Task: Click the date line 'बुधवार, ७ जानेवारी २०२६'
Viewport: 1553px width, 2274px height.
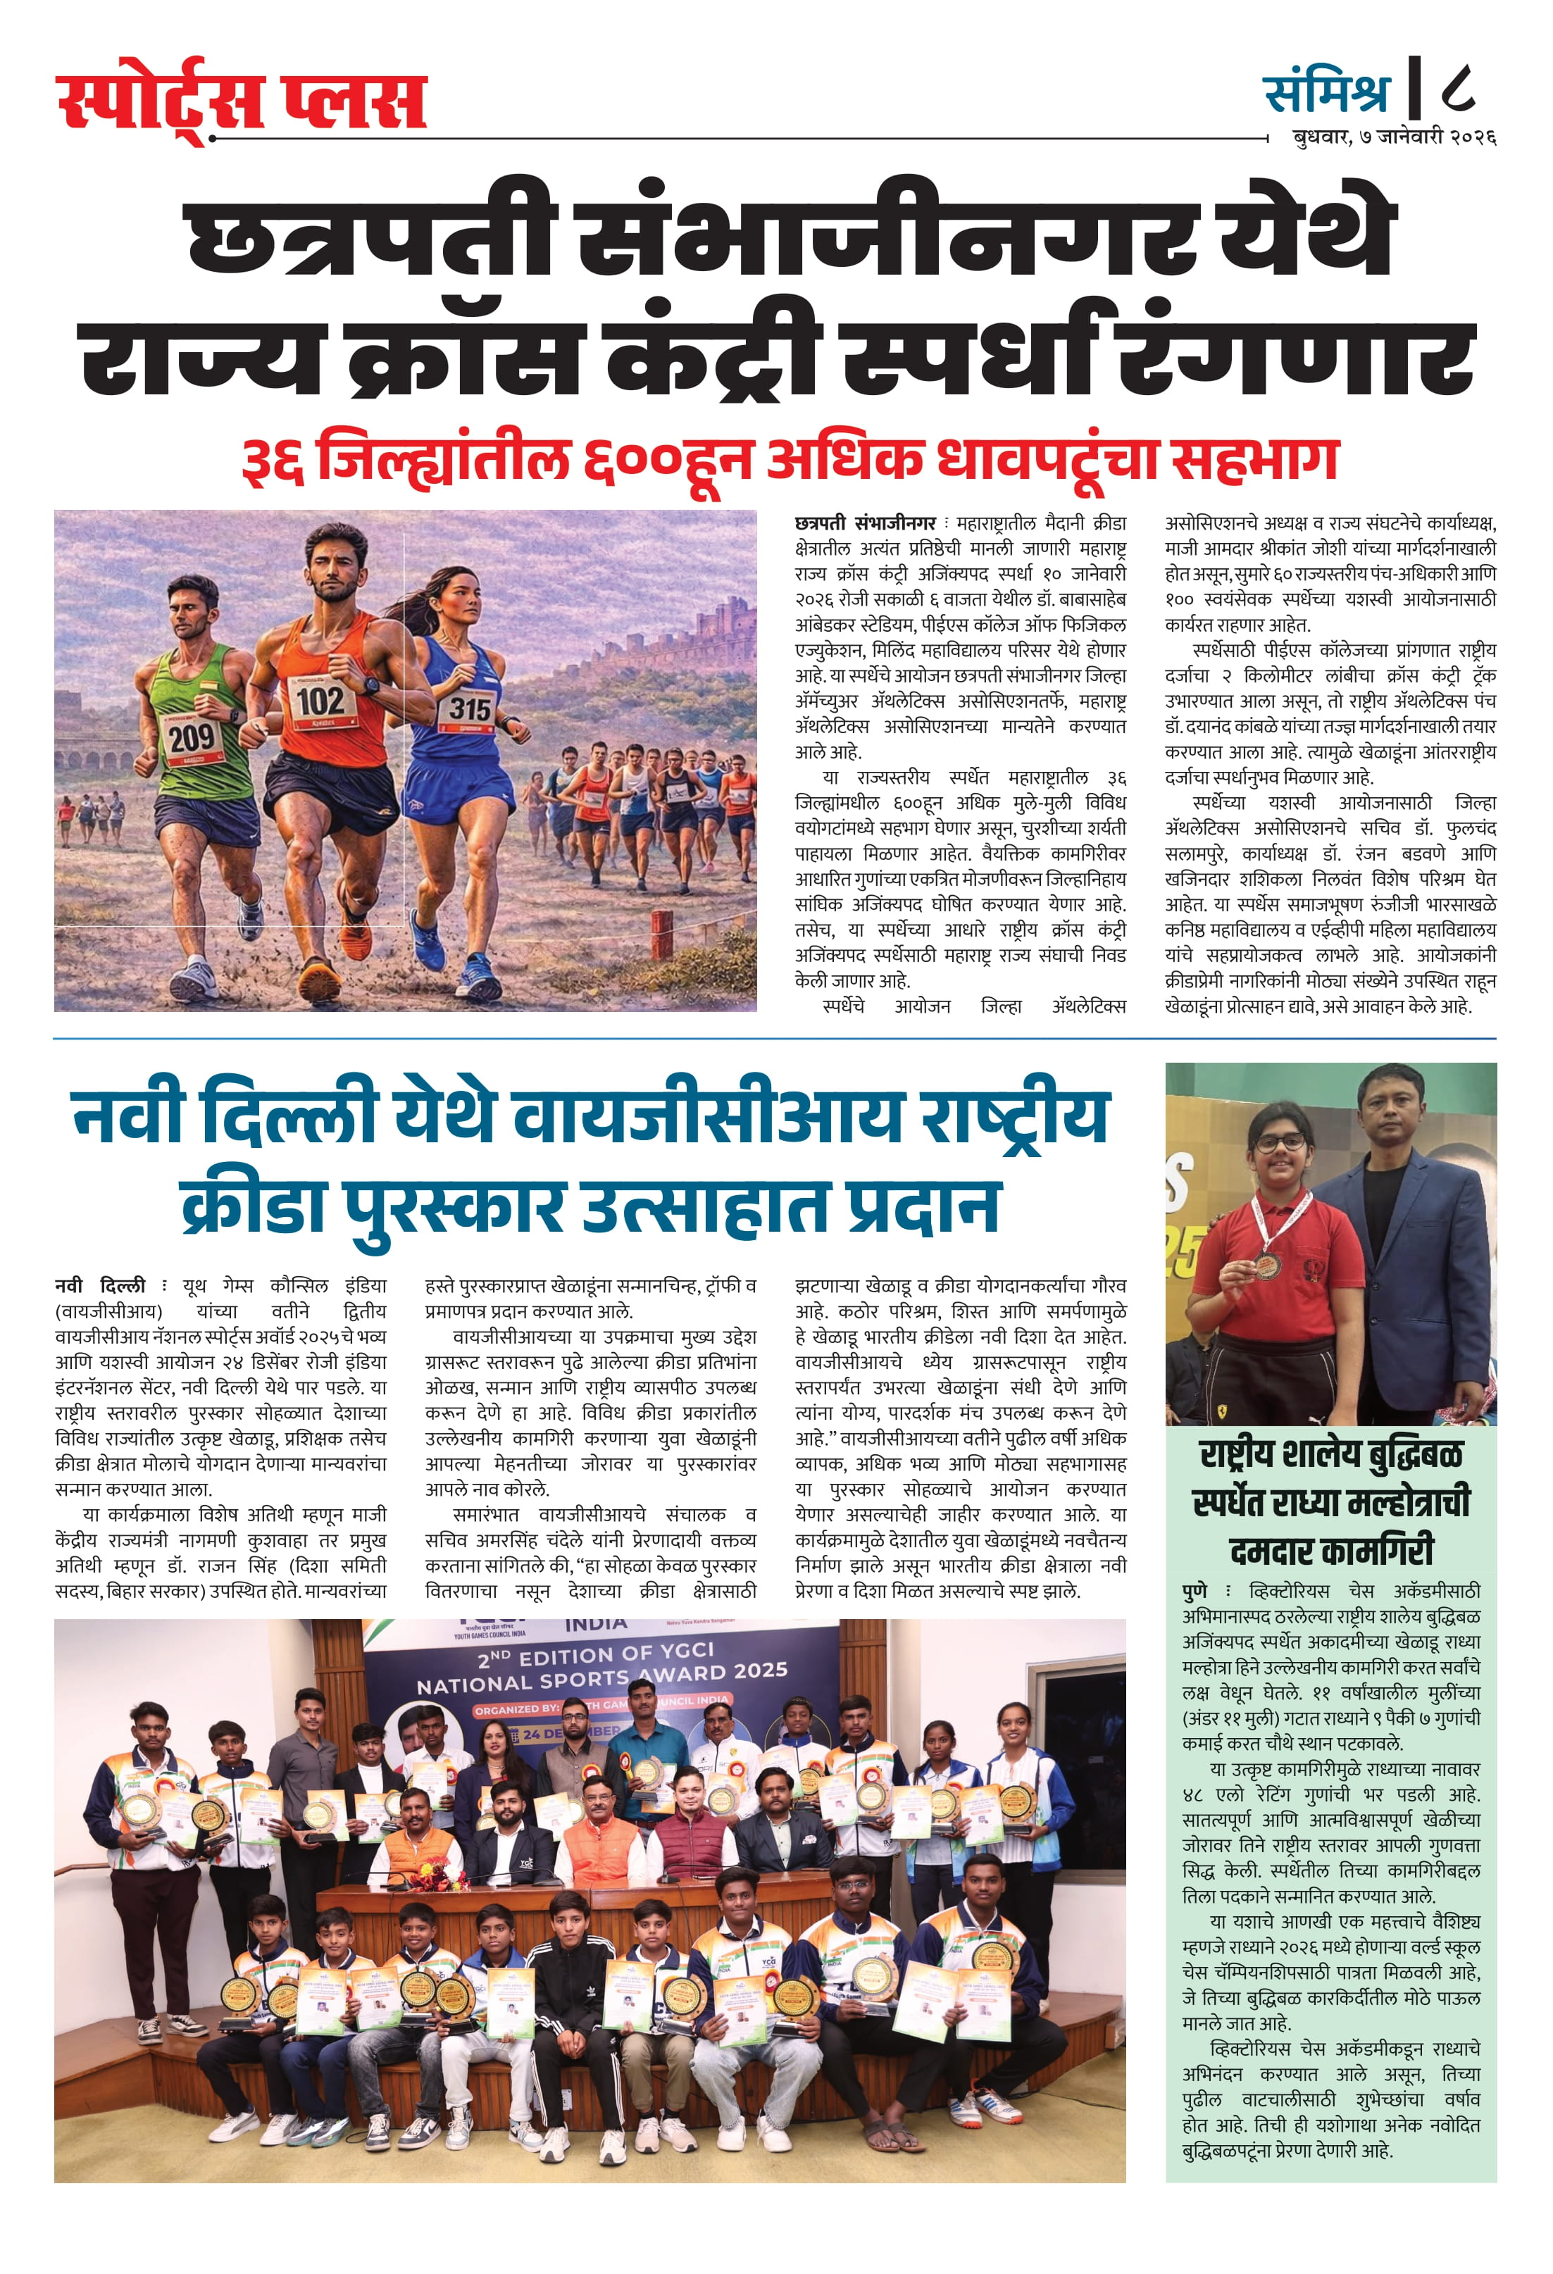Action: pos(1394,138)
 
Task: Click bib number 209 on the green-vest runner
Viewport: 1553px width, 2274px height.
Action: pos(192,737)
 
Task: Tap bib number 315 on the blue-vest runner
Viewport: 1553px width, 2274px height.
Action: pos(470,708)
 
